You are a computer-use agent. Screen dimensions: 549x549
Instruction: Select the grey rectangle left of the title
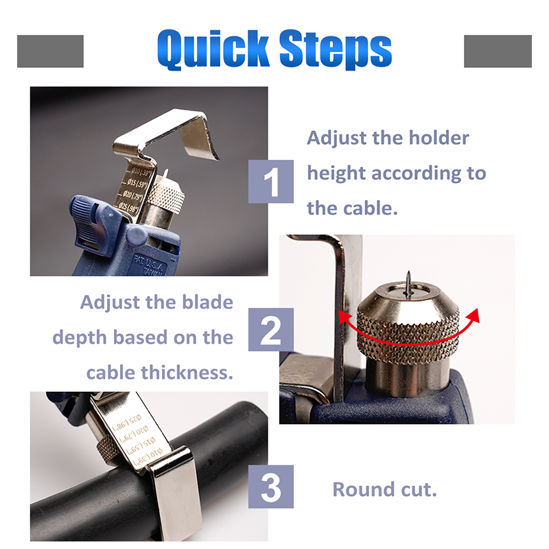50,51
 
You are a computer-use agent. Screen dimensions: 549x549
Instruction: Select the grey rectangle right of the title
498,51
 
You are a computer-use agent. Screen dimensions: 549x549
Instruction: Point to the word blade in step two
205,302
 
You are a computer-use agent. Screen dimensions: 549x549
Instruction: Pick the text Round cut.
384,489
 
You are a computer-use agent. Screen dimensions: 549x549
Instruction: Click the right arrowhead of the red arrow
472,314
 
